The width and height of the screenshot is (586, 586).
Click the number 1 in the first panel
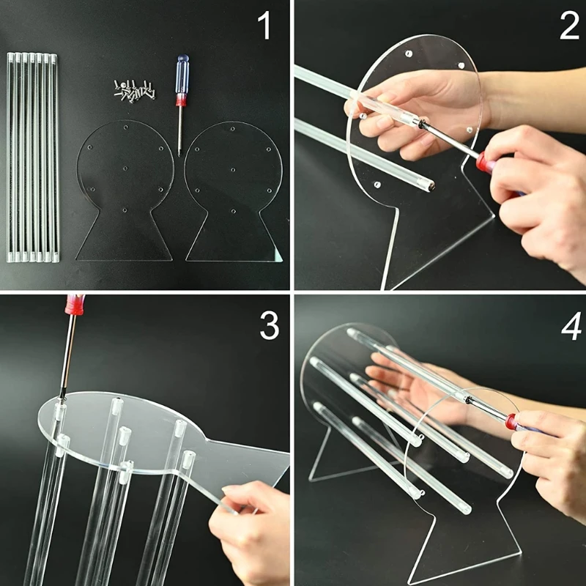pyautogui.click(x=264, y=26)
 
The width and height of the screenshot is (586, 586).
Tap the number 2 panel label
pyautogui.click(x=568, y=26)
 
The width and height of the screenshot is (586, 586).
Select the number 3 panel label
pyautogui.click(x=270, y=326)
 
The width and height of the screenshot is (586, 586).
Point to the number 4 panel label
pyautogui.click(x=570, y=327)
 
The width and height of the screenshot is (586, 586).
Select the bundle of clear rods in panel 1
pyautogui.click(x=33, y=157)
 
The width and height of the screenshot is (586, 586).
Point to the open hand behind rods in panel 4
pyautogui.click(x=410, y=381)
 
